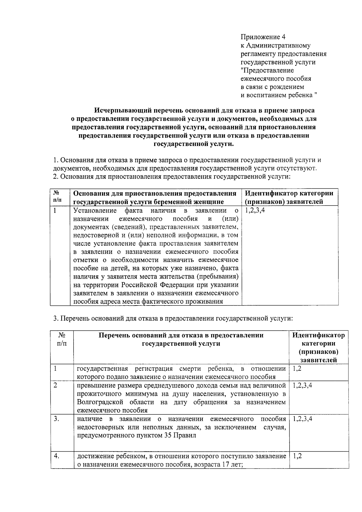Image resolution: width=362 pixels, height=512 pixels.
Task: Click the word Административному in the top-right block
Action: coord(278,46)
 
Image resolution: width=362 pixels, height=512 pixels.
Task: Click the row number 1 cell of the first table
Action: coord(55,210)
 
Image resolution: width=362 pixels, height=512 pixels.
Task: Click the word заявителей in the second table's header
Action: coord(318,360)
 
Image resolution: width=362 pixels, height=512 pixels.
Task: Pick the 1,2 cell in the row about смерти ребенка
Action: coord(297,369)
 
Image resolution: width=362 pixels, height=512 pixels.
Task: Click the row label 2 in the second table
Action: coord(55,386)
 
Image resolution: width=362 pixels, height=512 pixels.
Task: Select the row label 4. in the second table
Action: coord(56,456)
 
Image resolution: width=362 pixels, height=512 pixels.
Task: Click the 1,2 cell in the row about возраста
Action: coord(297,456)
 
